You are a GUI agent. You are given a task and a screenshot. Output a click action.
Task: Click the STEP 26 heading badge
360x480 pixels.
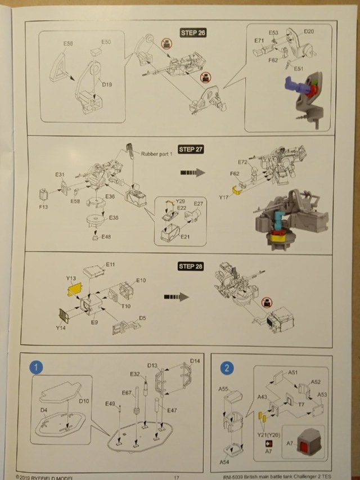(x=193, y=33)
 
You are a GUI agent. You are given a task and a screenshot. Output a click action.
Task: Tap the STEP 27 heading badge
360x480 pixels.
(x=191, y=150)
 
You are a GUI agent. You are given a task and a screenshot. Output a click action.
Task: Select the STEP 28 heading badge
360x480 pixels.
(x=190, y=266)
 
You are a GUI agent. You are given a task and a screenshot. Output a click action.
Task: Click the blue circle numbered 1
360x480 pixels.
(x=37, y=368)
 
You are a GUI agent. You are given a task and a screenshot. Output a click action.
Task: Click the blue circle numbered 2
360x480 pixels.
(x=226, y=369)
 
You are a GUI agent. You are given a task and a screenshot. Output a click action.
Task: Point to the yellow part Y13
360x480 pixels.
(x=73, y=290)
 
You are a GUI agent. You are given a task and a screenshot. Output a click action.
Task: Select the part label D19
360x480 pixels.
(x=106, y=84)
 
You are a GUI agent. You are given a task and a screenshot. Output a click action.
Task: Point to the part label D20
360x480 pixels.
(x=309, y=32)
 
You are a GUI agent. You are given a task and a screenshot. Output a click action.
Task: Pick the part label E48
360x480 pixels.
(x=106, y=237)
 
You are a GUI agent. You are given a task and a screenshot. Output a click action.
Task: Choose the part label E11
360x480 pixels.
(x=110, y=264)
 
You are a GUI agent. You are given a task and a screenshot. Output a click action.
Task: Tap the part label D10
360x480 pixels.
(x=84, y=401)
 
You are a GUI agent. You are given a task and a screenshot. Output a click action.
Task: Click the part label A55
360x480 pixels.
(x=223, y=389)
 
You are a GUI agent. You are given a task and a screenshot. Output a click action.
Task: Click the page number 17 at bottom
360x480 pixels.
(x=176, y=477)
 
